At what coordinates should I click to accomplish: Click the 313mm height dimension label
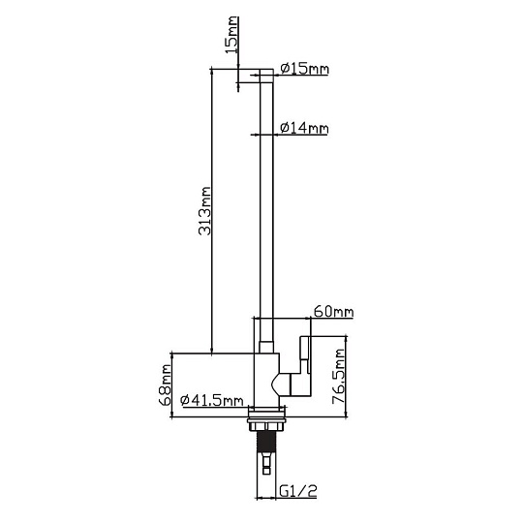coord(204,211)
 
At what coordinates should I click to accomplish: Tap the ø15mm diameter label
coord(304,69)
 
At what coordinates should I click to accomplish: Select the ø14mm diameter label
coord(304,128)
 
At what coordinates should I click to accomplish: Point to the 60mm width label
coord(333,312)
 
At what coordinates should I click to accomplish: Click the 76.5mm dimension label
coord(339,376)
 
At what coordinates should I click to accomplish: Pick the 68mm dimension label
coord(165,385)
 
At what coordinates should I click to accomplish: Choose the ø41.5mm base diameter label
coord(212,400)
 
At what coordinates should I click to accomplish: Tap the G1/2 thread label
coord(298,491)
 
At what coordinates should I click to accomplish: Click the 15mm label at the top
coord(231,34)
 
